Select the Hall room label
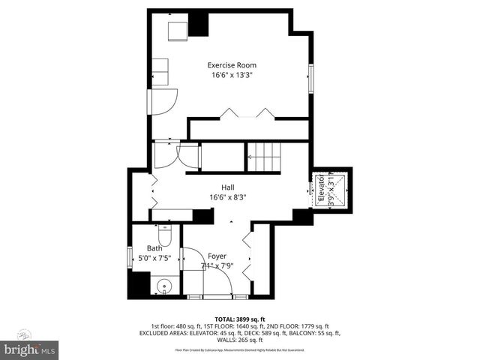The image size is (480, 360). [228, 187]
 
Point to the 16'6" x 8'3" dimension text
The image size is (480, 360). [228, 197]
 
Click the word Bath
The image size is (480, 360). [154, 248]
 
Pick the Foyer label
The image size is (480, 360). [217, 256]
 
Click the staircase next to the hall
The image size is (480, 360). [262, 157]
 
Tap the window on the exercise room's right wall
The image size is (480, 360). [310, 78]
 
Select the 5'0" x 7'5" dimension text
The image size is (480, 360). [154, 258]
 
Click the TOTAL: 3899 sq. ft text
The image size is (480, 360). [239, 319]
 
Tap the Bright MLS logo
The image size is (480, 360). [30, 349]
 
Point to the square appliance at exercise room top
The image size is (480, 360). [178, 31]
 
